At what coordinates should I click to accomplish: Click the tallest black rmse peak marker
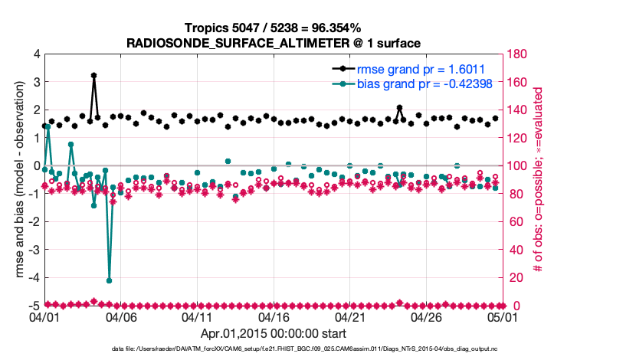pos(93,76)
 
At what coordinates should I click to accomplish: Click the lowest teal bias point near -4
pos(109,280)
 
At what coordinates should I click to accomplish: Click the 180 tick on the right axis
pos(516,54)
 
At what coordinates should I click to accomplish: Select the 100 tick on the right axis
pos(516,166)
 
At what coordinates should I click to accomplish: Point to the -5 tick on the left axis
pos(32,306)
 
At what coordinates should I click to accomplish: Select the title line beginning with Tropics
pos(274,28)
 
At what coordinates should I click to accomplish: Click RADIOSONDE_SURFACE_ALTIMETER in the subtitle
pos(222,43)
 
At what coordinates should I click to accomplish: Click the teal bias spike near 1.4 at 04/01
pos(48,126)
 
